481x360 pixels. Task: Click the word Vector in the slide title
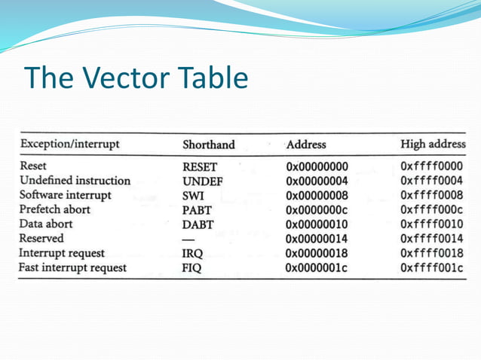click(127, 78)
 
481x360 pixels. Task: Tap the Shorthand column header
click(209, 144)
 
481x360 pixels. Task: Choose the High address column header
click(432, 143)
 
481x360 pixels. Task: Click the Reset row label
click(34, 166)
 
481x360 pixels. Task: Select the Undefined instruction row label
click(75, 181)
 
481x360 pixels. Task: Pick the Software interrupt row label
click(66, 195)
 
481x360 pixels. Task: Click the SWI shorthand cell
click(194, 196)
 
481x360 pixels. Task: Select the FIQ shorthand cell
click(193, 268)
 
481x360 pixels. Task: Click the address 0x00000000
click(317, 166)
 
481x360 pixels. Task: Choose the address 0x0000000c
click(317, 210)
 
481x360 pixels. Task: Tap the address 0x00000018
click(317, 254)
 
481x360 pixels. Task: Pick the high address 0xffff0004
click(431, 181)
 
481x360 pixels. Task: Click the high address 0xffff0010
click(431, 224)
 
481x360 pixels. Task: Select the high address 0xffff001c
click(431, 268)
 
